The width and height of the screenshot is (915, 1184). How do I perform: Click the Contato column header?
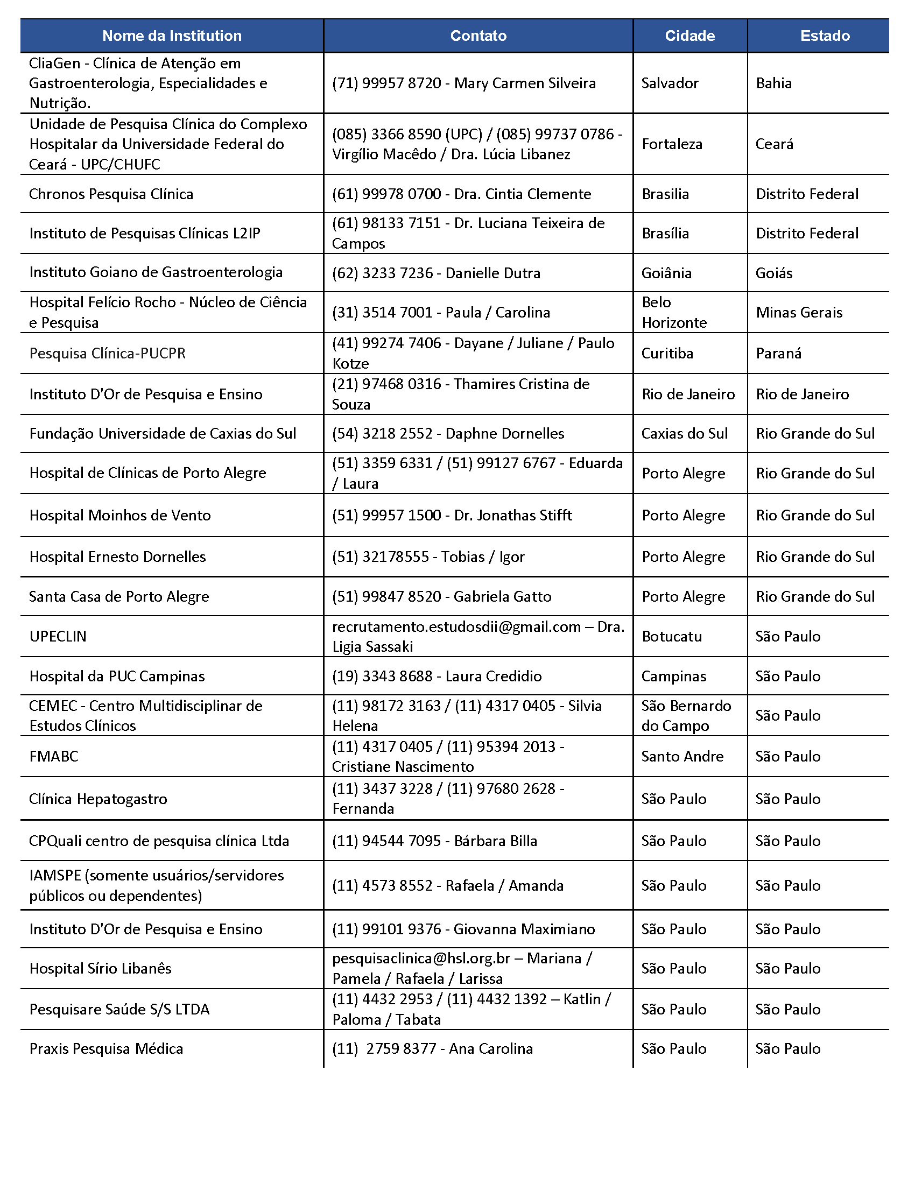478,36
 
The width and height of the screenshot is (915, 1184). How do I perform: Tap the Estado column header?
825,36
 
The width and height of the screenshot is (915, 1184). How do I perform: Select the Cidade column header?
689,36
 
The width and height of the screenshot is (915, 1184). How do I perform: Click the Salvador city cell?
670,83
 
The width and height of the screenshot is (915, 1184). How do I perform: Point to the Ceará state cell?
774,144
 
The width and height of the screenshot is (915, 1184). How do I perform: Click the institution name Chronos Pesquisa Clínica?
111,194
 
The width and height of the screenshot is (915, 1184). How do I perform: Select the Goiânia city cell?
666,273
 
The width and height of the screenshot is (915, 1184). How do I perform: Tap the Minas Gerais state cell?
799,312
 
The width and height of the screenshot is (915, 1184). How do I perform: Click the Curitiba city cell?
667,354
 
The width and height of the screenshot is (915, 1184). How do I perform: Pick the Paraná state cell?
778,354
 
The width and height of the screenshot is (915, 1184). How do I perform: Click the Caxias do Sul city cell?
684,434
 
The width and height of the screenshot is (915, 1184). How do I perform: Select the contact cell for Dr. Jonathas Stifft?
452,515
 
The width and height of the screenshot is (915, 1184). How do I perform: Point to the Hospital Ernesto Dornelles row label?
118,557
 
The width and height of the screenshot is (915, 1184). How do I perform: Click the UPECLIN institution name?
58,637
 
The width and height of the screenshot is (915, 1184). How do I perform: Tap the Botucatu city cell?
672,637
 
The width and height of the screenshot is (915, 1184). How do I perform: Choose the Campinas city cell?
674,676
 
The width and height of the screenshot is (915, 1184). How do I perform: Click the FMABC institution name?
54,756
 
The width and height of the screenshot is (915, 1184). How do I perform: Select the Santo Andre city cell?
682,756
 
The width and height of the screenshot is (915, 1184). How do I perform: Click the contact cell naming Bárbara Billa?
435,841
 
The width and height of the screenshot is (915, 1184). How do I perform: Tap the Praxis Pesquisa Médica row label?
106,1048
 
